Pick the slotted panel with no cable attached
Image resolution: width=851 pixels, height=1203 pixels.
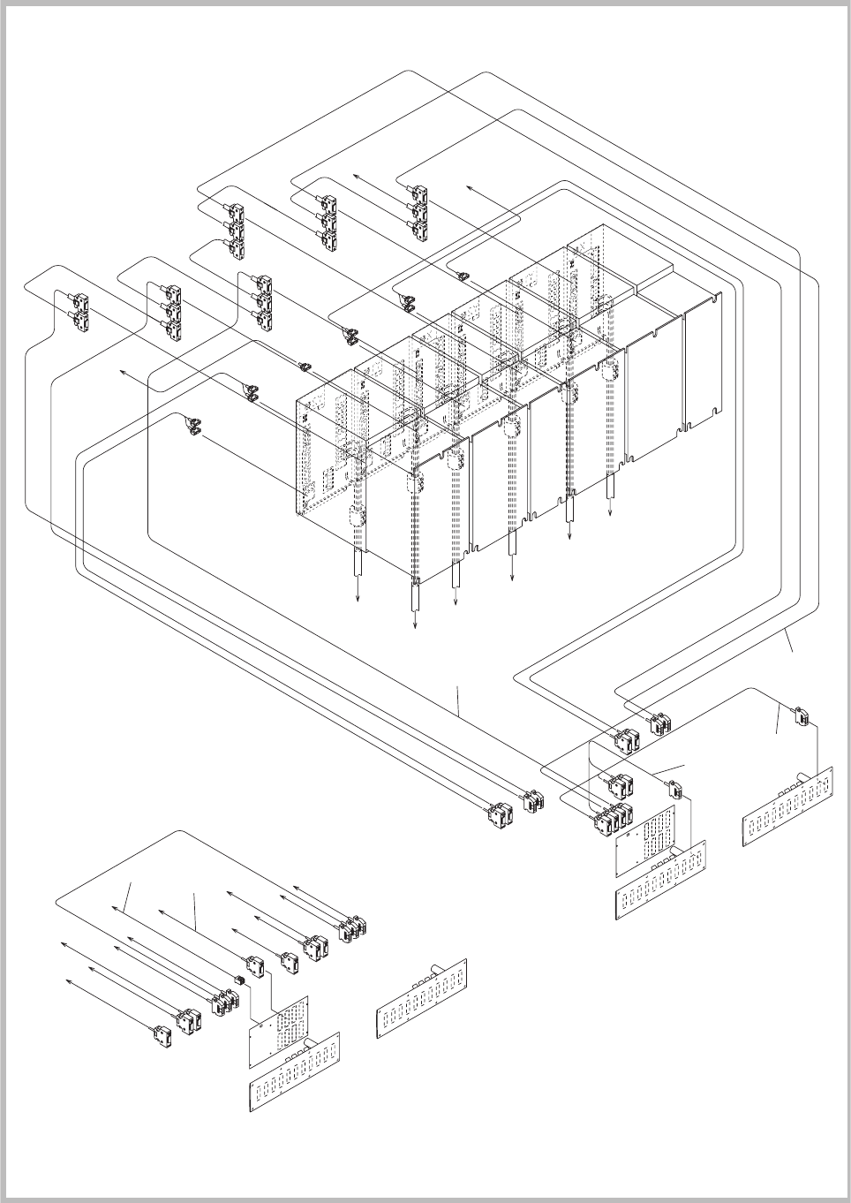click(421, 998)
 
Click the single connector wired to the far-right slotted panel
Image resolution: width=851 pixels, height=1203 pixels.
click(803, 716)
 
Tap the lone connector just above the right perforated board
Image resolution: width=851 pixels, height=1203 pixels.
click(674, 789)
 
